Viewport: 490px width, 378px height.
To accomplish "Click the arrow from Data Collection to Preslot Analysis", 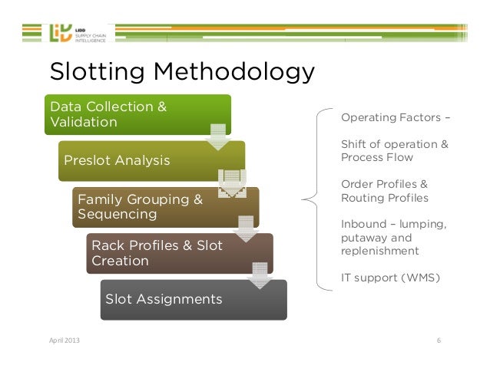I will [x=218, y=136].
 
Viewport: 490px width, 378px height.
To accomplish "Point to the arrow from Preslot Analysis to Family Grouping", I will [x=231, y=182].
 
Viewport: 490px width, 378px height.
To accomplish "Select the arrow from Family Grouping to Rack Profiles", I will [x=246, y=229].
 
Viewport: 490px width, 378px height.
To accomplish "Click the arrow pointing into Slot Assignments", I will [x=260, y=275].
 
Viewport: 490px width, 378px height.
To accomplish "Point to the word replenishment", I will [x=379, y=250].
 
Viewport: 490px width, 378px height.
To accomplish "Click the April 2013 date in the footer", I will [x=63, y=340].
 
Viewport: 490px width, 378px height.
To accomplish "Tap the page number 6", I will [x=439, y=340].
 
